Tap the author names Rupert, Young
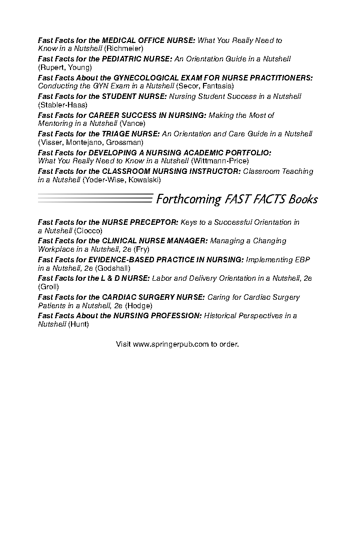tap(64, 67)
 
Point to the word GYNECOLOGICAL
tap(145, 78)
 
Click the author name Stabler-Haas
tap(62, 105)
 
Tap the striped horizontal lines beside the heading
tap(95, 198)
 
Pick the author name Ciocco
tap(88, 231)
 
